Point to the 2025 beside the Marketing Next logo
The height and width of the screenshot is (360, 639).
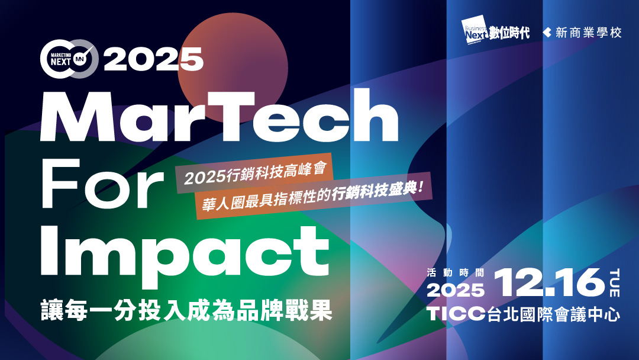[x=154, y=59]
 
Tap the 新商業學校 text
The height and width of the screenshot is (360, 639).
[x=589, y=33]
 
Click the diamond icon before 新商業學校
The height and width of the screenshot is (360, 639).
[x=547, y=33]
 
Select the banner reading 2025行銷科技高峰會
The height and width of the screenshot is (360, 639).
[x=254, y=173]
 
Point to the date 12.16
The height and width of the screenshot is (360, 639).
[x=549, y=282]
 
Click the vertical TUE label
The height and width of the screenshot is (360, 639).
[x=614, y=283]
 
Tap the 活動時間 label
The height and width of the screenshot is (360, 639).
[x=455, y=273]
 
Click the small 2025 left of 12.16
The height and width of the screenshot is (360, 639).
[x=456, y=291]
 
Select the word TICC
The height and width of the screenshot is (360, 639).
[x=456, y=314]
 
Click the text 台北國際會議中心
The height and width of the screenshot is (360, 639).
[x=554, y=314]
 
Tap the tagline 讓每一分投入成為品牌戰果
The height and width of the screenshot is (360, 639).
[x=186, y=311]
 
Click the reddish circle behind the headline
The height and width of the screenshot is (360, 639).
[x=233, y=67]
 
